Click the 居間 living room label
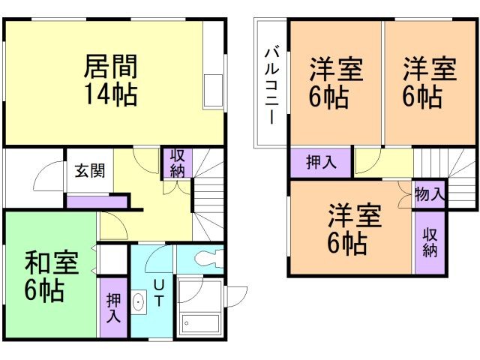[109, 68]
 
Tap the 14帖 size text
[109, 95]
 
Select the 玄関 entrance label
[88, 170]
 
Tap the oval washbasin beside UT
[139, 303]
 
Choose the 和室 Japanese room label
[50, 263]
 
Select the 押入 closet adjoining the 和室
[113, 308]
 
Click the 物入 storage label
[428, 195]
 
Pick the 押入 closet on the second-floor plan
[320, 162]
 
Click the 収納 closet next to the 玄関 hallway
[178, 163]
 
